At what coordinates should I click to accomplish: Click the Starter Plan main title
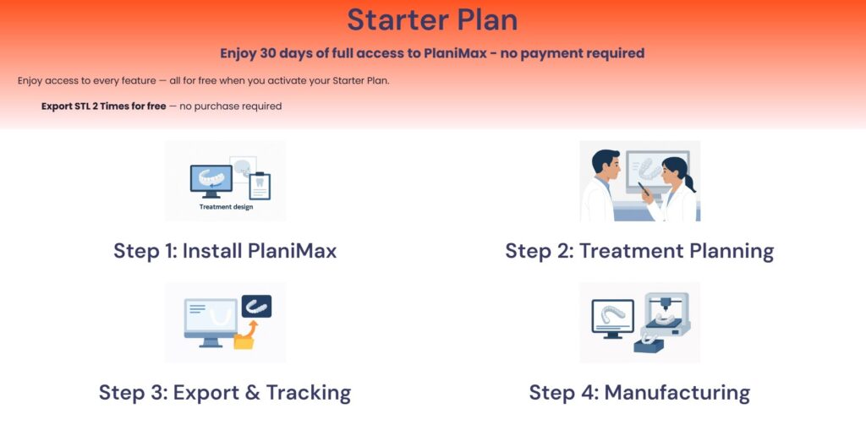click(432, 20)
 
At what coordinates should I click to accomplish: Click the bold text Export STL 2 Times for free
click(104, 106)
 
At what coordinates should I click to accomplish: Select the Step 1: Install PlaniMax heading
click(225, 251)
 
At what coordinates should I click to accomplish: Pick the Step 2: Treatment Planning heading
click(639, 251)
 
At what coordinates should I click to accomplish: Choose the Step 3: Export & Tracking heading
click(225, 392)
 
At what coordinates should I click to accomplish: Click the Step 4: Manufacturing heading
click(639, 392)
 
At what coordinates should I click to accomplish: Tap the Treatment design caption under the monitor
click(227, 208)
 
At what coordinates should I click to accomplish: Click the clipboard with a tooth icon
click(260, 185)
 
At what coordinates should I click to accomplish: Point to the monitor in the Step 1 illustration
click(211, 181)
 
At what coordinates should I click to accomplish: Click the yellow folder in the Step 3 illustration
click(244, 341)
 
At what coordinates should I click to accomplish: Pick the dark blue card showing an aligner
click(256, 307)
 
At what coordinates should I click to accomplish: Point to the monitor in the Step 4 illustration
click(612, 319)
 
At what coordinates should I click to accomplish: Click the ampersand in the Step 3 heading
click(252, 392)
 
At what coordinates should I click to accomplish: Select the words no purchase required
click(230, 106)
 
